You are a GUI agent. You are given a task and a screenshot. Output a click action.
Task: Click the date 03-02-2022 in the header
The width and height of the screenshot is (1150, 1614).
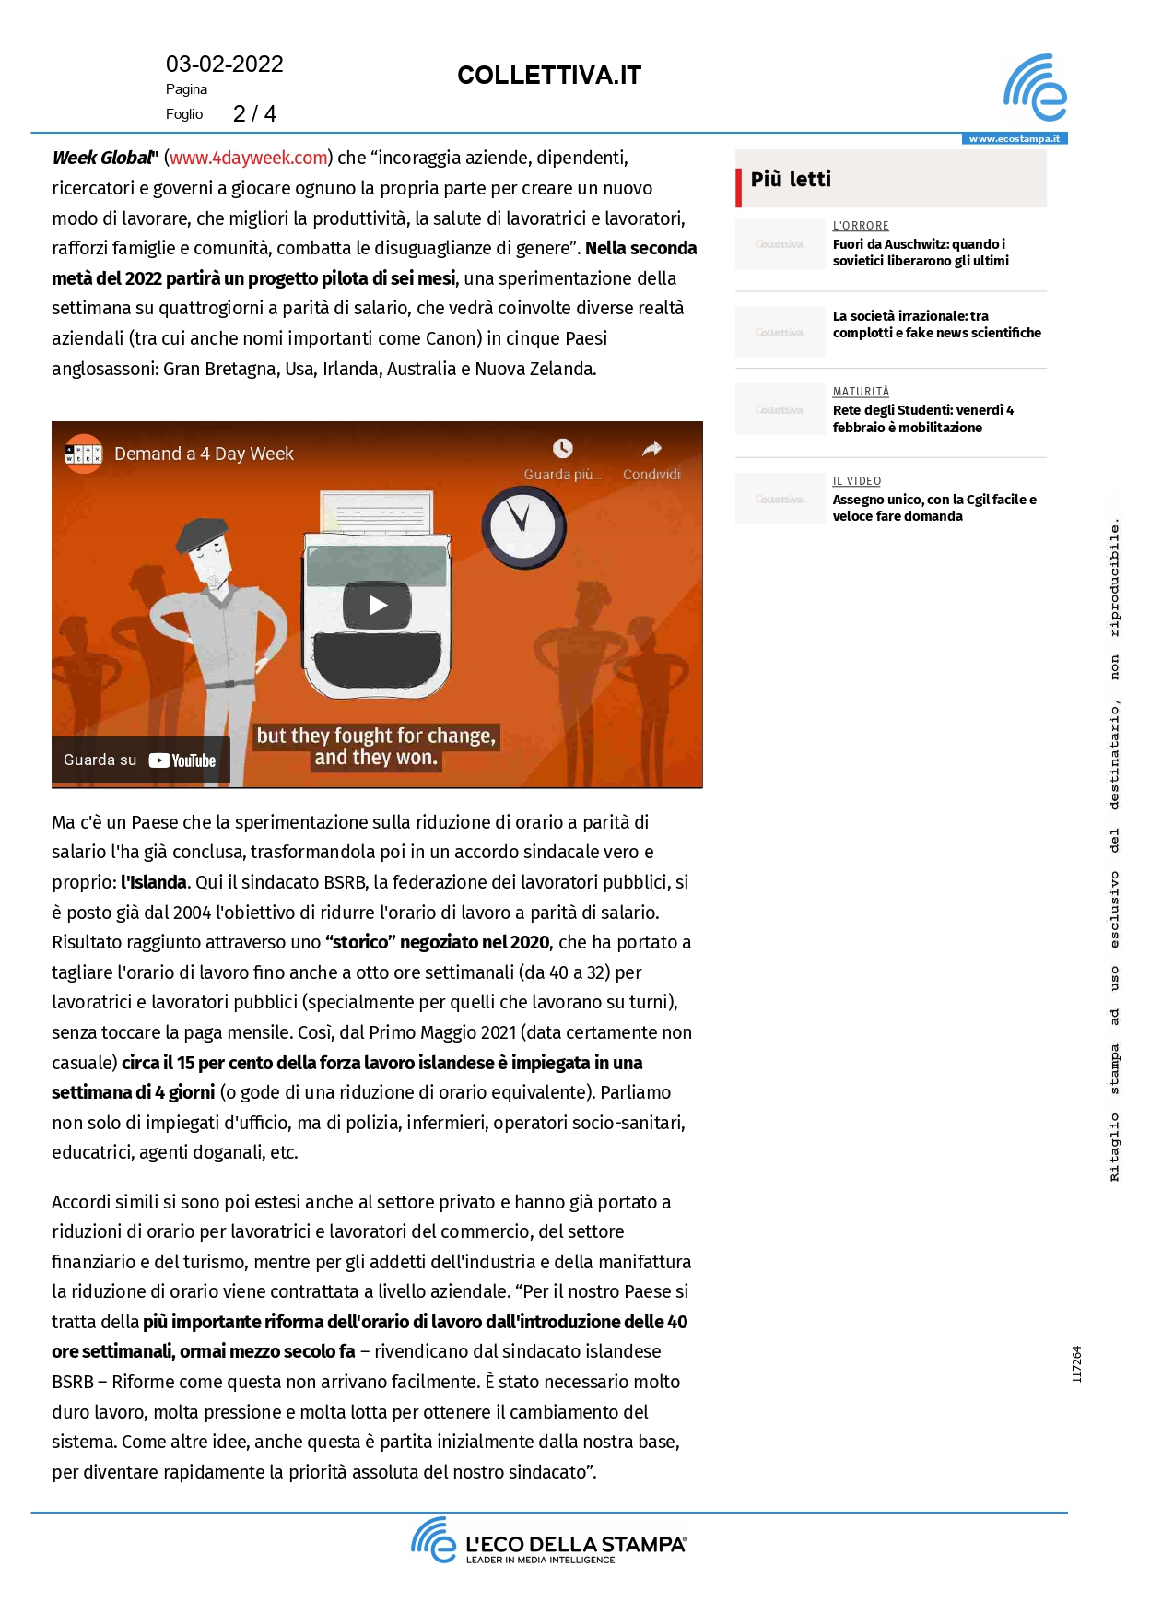pos(224,65)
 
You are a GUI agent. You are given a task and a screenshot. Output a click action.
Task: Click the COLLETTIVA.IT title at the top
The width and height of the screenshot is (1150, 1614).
pos(548,76)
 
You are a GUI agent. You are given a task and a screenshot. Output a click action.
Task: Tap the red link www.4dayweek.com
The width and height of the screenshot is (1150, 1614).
pos(249,158)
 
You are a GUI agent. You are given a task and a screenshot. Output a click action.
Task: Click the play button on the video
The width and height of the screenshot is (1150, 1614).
pos(377,606)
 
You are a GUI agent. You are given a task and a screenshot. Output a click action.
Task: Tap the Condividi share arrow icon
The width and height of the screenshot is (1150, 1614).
pos(651,449)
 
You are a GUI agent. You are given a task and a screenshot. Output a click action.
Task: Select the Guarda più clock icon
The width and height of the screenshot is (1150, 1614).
pos(562,449)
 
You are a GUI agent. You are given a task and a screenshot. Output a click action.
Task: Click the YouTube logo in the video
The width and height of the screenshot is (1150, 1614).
pos(182,760)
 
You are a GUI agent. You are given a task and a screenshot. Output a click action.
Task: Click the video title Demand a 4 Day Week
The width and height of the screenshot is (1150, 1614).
pos(204,454)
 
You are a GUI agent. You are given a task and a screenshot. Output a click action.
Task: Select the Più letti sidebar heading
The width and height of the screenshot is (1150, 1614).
pos(791,179)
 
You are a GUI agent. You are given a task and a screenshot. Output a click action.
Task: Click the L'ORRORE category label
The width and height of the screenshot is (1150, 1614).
pos(861,226)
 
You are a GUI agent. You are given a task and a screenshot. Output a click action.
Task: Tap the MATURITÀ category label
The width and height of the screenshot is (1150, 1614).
pos(861,392)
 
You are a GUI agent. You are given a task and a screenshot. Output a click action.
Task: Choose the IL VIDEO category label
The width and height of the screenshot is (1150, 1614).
pos(857,481)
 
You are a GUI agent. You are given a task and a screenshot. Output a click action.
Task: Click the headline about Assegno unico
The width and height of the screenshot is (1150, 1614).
pos(933,508)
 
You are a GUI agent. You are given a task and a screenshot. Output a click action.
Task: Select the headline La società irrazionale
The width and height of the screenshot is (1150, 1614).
pos(936,324)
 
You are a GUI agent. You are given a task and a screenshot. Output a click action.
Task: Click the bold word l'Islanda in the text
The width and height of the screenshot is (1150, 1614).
pos(154,882)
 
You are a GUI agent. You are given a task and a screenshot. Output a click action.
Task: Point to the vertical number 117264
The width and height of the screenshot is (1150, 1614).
pos(1076,1364)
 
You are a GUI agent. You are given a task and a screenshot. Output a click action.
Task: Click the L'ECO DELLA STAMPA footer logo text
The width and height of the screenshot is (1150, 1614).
pos(576,1544)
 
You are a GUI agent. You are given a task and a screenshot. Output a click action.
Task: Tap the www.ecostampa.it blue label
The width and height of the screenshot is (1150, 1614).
pos(1014,139)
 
